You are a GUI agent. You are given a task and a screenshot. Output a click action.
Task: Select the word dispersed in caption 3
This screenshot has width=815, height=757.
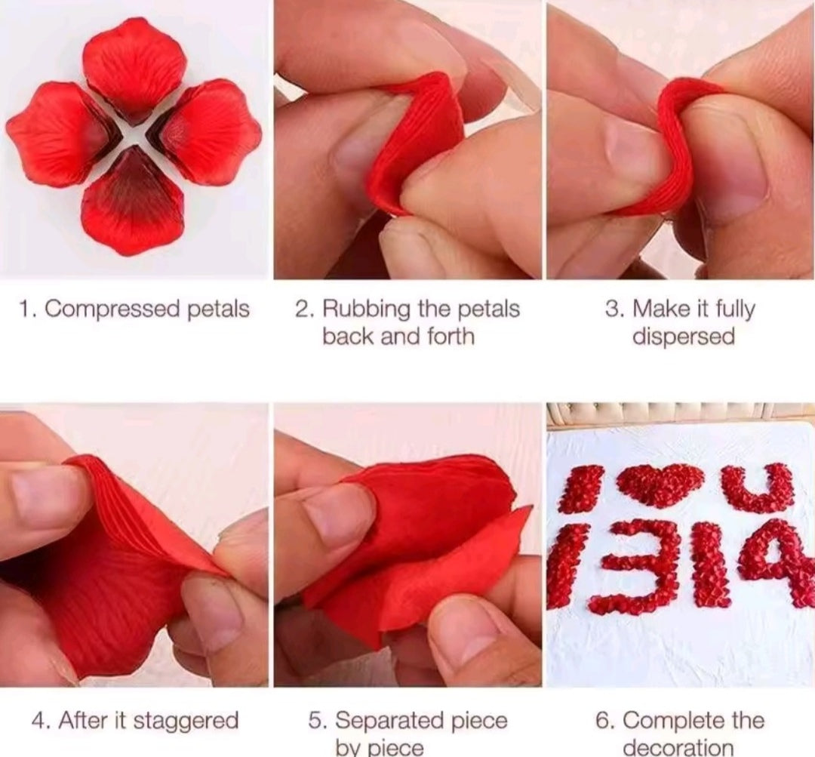coord(683,337)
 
